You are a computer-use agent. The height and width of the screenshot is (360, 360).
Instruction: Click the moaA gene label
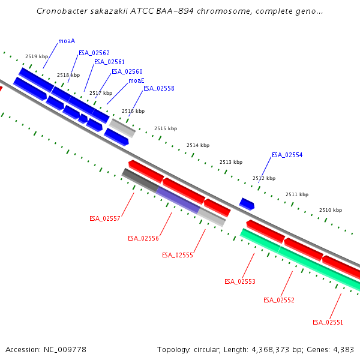tap(66, 41)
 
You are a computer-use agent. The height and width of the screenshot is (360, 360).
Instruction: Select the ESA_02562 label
tap(94, 53)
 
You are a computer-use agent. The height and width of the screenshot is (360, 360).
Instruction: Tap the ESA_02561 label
tap(109, 62)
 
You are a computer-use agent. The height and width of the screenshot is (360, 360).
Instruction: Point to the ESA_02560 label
tap(127, 72)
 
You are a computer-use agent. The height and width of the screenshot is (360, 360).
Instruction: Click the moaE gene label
tap(136, 81)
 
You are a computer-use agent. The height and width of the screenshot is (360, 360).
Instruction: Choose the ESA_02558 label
tap(158, 89)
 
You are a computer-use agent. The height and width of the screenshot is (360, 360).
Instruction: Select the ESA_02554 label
tap(287, 155)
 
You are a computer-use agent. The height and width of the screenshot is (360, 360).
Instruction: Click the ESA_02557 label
tap(104, 219)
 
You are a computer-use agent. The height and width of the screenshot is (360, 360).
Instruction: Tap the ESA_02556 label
tap(143, 239)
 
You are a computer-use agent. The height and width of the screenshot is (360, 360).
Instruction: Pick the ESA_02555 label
tap(177, 256)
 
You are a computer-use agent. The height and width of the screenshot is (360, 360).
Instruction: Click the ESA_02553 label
tap(239, 282)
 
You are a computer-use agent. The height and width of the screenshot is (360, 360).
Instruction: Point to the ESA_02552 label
tap(278, 301)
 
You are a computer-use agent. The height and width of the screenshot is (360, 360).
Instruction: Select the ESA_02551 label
tap(328, 323)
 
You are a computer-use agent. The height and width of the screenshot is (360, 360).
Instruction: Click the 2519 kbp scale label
tap(36, 57)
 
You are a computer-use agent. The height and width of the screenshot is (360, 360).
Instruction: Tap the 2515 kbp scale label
tap(166, 129)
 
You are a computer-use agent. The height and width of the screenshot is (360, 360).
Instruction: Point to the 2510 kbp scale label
tap(330, 211)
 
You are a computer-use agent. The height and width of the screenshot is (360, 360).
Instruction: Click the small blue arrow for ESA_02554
tap(247, 204)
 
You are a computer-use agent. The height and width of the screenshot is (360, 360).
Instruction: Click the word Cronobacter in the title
tap(61, 11)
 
